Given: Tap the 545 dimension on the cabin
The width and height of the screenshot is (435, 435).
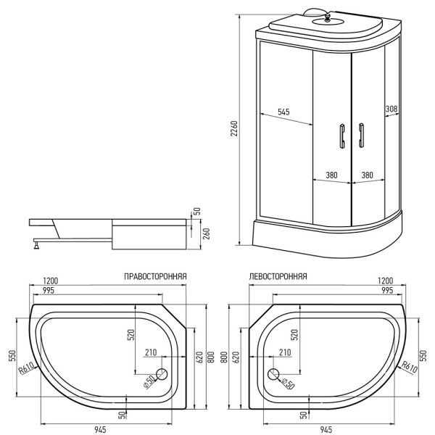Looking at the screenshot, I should [283, 112].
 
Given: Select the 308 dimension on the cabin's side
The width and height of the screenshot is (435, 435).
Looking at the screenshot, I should [391, 109].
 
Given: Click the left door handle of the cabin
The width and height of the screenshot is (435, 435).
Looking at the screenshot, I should [339, 136].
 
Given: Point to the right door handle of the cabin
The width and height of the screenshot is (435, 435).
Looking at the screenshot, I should [360, 136].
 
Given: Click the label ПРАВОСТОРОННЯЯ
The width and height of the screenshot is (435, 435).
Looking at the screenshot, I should [157, 276].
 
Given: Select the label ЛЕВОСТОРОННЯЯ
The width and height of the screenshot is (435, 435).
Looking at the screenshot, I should [277, 276].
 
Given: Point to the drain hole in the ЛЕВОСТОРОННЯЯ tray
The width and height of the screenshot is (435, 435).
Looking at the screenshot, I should [273, 374].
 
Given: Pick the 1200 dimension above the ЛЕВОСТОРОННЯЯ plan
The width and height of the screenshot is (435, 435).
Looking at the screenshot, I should [386, 280].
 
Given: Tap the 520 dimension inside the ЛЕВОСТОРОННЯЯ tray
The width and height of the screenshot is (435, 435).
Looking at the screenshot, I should [294, 334].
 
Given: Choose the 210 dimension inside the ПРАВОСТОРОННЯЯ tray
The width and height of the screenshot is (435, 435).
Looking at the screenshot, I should [151, 352].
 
